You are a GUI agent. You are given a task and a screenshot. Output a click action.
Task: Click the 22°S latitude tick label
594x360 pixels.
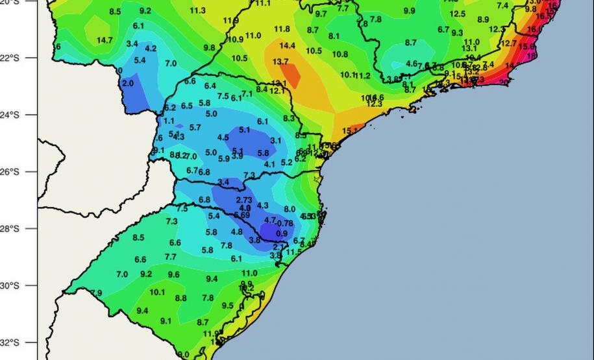coord(12,58)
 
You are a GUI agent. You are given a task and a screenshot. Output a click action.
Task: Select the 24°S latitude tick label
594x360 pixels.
coord(12,115)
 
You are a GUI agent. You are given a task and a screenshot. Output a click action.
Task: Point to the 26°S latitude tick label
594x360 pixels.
coord(12,172)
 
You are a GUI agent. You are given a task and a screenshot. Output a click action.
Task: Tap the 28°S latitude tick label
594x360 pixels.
coord(12,229)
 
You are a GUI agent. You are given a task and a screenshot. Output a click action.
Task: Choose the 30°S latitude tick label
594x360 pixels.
coord(12,286)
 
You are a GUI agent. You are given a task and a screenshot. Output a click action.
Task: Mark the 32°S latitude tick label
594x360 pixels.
coord(12,342)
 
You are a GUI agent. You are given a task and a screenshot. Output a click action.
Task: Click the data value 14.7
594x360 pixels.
coord(105,40)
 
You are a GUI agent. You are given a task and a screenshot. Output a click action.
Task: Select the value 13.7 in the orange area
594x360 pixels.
coord(280,62)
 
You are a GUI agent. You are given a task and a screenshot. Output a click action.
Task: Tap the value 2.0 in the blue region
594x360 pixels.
coord(127,84)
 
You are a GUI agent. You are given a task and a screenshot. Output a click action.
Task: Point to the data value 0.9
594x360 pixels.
coord(282,234)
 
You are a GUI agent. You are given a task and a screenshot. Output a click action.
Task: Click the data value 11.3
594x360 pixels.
coord(197,11)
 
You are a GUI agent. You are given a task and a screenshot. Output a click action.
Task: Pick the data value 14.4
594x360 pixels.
coord(287,46)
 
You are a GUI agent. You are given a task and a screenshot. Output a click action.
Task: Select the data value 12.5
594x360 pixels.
coord(457,14)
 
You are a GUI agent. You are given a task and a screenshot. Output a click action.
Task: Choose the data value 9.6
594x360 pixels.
coord(174,274)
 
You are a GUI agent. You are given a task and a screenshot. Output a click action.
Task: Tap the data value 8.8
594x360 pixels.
coord(181,298)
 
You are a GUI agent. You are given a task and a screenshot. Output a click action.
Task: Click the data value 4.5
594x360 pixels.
coord(223,138)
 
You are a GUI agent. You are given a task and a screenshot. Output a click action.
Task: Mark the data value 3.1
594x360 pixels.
coord(275,141)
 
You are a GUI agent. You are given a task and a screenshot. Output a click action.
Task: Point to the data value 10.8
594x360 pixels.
coord(340,54)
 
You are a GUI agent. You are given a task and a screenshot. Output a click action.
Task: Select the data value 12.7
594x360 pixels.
coord(509,44)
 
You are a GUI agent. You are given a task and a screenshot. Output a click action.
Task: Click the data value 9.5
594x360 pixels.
coord(227,306)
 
